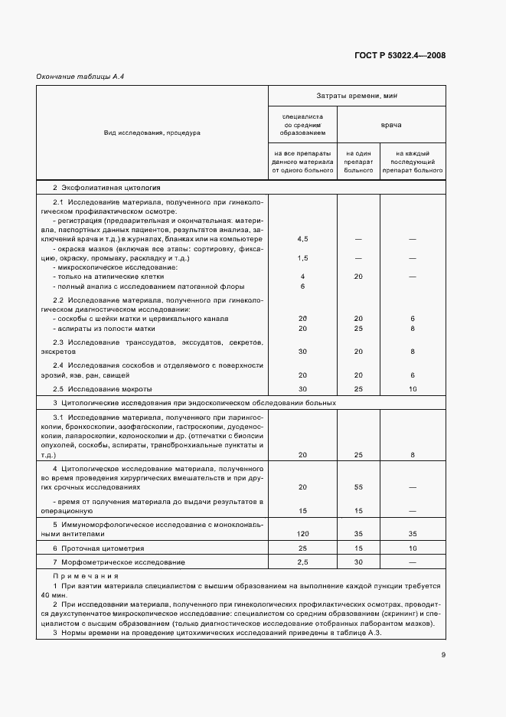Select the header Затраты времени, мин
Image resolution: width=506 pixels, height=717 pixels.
(356, 96)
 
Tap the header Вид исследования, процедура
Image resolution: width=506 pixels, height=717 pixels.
(152, 133)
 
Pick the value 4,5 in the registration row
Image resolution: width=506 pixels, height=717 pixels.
(302, 239)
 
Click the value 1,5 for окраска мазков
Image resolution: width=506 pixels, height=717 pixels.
(302, 258)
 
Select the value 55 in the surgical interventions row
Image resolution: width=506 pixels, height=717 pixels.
(357, 486)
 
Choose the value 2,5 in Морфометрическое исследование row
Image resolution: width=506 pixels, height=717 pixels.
(302, 562)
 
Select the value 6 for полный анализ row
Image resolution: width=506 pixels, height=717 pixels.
(302, 286)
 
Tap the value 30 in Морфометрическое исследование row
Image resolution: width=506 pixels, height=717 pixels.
(357, 562)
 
